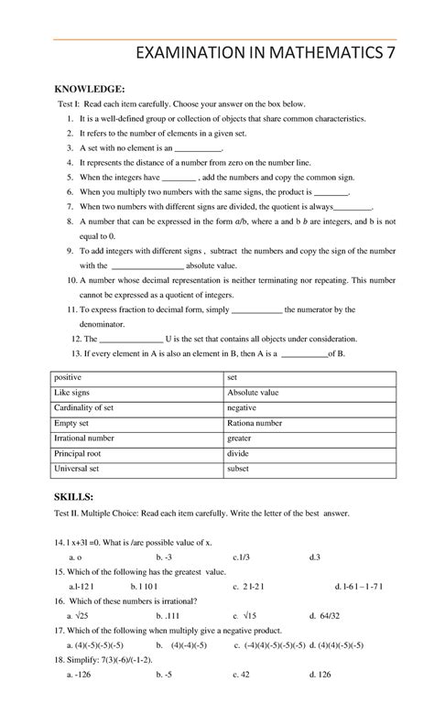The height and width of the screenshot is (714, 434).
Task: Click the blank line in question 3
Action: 198,147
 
